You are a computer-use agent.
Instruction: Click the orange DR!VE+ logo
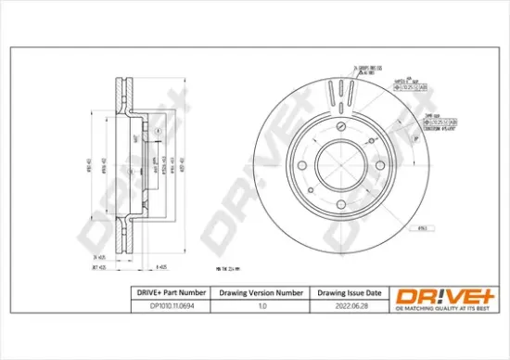point(440,294)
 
